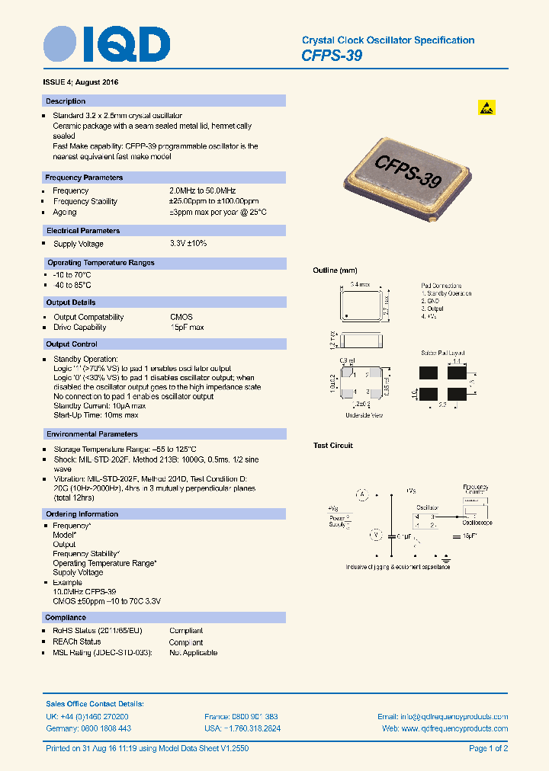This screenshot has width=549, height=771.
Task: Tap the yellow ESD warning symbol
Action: coord(486,107)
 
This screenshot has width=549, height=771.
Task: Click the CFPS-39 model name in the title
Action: coord(332,56)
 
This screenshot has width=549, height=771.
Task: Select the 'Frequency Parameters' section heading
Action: coord(84,178)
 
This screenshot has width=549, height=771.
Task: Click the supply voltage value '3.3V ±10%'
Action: coord(188,244)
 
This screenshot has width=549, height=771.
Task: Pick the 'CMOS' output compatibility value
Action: coord(181,317)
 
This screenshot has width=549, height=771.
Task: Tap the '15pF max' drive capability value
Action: coord(187,328)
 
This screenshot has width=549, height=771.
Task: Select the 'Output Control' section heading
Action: coord(72,344)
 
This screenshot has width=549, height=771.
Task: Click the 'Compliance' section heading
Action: coord(66,617)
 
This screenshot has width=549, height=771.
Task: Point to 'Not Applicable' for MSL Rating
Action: coord(193,653)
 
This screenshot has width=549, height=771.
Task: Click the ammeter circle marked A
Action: coord(363,495)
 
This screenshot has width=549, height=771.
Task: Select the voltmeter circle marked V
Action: coord(374,536)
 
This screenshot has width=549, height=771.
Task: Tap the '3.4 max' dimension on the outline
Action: coord(359,284)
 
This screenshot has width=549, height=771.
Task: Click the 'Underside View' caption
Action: coord(364,415)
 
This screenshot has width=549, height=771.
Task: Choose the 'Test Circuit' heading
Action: coord(333,446)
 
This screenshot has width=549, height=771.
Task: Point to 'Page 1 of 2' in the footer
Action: coord(488,749)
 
